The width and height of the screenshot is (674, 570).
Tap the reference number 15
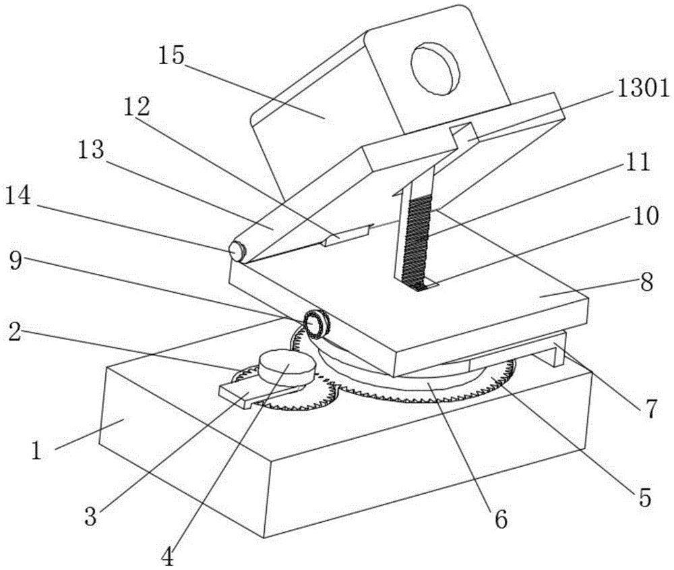[x=171, y=56]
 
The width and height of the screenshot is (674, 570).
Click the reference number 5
[x=644, y=497]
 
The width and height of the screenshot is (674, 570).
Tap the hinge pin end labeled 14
[x=237, y=251]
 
